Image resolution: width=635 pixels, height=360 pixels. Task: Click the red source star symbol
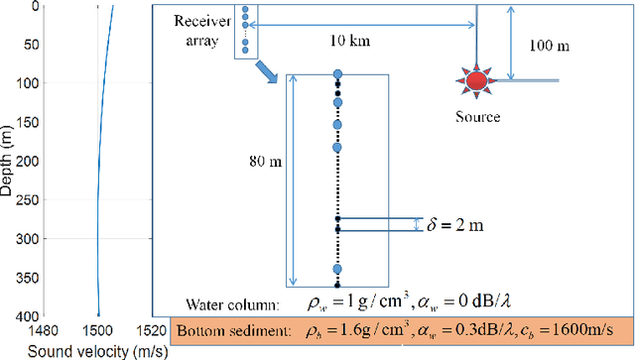click(x=477, y=80)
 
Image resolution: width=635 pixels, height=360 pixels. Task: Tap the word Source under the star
click(x=478, y=117)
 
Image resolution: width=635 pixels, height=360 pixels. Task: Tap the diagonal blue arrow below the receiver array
click(x=263, y=71)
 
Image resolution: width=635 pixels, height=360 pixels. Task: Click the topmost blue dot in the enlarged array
click(x=337, y=74)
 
